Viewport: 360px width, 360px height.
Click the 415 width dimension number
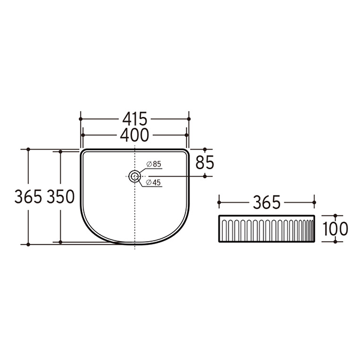pos(134,118)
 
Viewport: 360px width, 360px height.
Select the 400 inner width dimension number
pos(134,134)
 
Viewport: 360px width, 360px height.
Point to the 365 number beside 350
pos(28,197)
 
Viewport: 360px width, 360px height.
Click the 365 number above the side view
pos(266,203)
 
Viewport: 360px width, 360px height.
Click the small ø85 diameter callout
pos(154,164)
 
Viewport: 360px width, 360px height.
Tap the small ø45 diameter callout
pos(154,183)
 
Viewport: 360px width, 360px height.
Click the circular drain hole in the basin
pos(135,176)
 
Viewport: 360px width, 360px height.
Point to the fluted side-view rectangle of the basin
pos(266,229)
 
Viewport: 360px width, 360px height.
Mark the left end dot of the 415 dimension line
pos(80,119)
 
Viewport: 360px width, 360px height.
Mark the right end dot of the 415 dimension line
pos(188,119)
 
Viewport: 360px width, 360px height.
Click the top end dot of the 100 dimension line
pos(335,215)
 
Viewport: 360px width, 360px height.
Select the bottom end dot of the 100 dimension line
pos(335,242)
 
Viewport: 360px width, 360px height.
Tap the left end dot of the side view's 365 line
pos(218,203)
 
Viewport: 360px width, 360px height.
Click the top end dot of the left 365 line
pos(28,149)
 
